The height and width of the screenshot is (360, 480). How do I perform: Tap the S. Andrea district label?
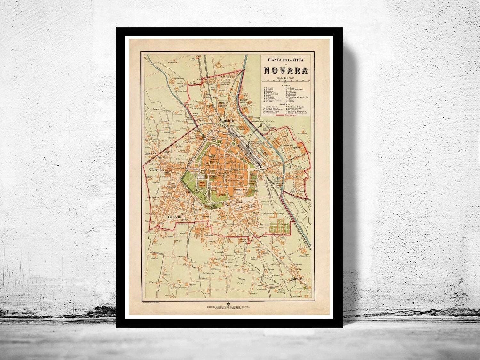point(227,121)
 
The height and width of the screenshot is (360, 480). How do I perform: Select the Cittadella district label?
point(175,217)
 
